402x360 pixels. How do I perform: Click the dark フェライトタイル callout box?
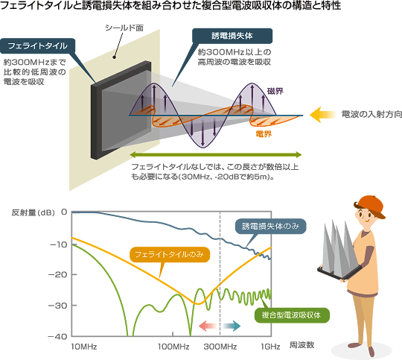click(x=38, y=46)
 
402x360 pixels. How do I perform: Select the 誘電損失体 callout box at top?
click(x=232, y=36)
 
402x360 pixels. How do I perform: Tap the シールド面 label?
click(x=124, y=28)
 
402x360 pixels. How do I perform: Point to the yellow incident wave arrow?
click(x=323, y=115)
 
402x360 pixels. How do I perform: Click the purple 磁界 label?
click(x=275, y=91)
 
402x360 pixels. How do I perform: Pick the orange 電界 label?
click(x=264, y=133)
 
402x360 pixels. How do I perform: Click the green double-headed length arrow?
click(x=216, y=154)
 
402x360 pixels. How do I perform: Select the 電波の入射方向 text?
click(x=371, y=114)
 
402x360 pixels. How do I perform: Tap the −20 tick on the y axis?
click(x=59, y=274)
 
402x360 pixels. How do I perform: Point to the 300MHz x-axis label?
click(x=220, y=347)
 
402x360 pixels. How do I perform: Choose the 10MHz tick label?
click(x=84, y=347)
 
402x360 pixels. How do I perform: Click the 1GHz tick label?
click(x=270, y=347)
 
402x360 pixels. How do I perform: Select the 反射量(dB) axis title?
click(x=33, y=212)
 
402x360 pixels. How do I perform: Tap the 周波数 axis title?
click(x=301, y=345)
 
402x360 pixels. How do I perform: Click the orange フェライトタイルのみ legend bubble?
click(x=170, y=254)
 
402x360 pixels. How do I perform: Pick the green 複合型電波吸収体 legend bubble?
click(x=292, y=315)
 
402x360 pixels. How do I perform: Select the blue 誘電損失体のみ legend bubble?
click(x=270, y=227)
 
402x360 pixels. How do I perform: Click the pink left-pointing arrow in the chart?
click(x=208, y=326)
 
